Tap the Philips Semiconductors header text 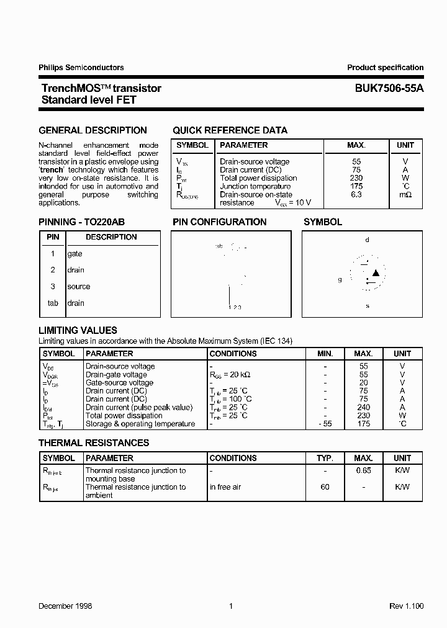[81, 68]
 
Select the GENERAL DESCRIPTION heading [93, 130]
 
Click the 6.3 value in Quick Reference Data [356, 194]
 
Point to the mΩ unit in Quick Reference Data [405, 194]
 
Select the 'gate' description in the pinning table [74, 254]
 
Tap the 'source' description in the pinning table [78, 287]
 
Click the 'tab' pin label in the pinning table [53, 303]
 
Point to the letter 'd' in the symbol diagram [367, 240]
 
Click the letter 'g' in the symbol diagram [340, 280]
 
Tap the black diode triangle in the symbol [376, 273]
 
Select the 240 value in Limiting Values [363, 408]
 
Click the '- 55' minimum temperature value [325, 424]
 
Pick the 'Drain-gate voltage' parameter [116, 375]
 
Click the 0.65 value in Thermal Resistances [363, 470]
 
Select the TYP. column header [325, 458]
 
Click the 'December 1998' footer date [65, 606]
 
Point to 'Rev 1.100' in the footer [407, 606]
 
